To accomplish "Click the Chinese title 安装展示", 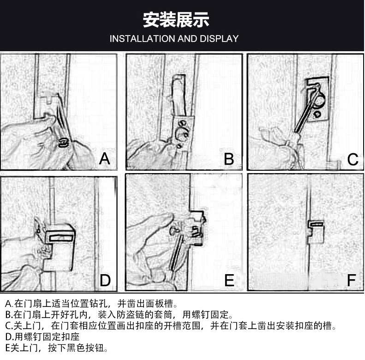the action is [176, 20].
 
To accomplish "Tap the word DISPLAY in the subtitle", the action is [219, 39].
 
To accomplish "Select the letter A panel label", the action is [105, 159].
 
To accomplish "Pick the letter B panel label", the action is [229, 159].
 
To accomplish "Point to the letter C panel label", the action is [353, 160].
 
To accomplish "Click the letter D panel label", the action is [105, 280].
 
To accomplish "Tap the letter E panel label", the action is [229, 280].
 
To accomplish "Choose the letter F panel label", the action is [352, 280].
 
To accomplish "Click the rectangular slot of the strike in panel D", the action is [61, 238].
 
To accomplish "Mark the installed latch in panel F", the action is [316, 231].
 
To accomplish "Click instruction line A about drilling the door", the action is [91, 304].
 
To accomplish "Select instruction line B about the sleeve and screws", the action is [119, 315].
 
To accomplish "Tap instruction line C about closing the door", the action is [171, 325].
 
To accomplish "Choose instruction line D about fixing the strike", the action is [42, 337].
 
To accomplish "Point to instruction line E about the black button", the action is [56, 348].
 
